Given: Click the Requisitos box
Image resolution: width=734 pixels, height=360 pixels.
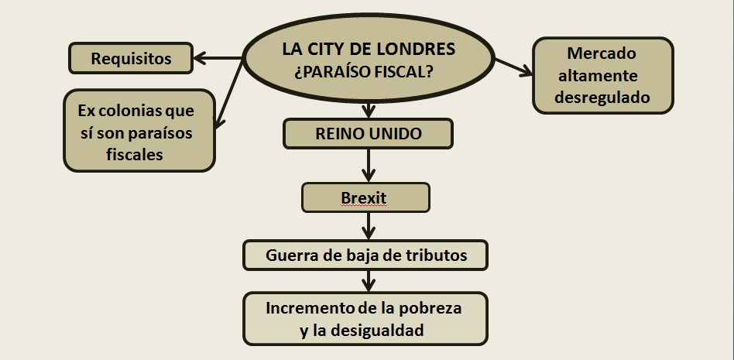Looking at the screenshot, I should [131, 58].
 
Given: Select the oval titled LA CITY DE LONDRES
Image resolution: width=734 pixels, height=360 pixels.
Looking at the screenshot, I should [369, 60].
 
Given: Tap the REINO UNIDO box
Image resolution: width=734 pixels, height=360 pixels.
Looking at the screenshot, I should [368, 134].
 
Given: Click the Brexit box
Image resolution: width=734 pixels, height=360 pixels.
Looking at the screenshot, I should [365, 198].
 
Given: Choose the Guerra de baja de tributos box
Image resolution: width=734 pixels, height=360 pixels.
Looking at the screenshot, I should [365, 255].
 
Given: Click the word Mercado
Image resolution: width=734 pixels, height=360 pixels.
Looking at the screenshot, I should [602, 54].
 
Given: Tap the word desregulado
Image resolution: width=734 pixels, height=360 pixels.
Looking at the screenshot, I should [602, 98].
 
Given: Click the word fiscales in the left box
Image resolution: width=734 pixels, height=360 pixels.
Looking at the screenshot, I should [136, 154].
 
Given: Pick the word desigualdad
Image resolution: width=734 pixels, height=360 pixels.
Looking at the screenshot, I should [380, 330].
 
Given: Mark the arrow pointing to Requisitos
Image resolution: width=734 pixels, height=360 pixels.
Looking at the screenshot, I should [218, 58].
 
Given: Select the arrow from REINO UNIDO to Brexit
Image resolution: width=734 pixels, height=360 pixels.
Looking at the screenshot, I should [368, 165].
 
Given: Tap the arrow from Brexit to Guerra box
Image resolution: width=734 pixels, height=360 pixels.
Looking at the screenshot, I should [368, 226].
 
